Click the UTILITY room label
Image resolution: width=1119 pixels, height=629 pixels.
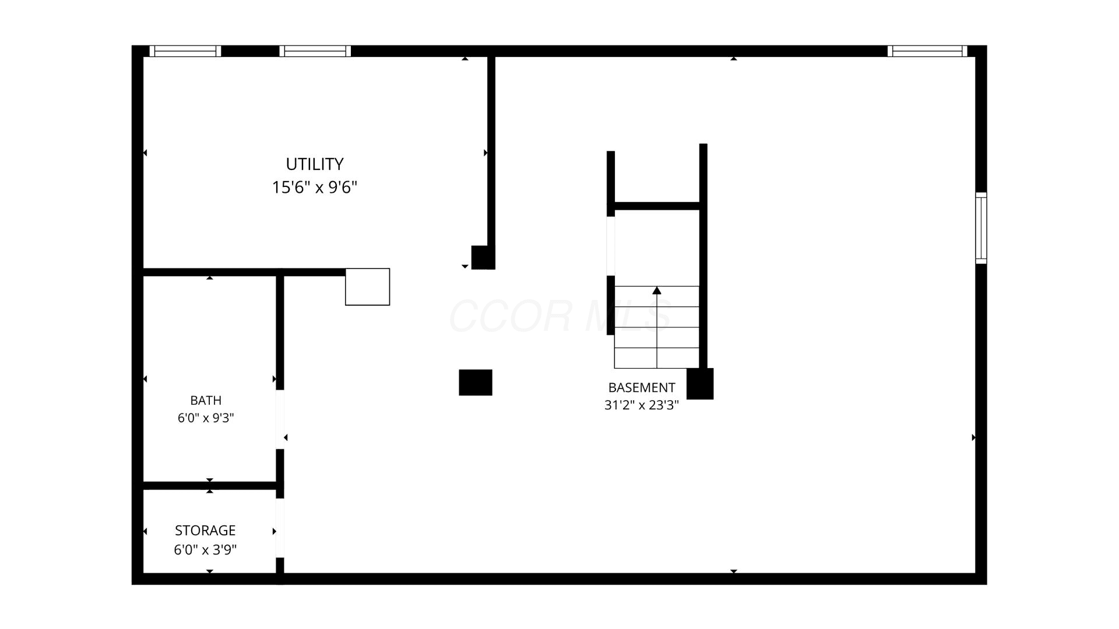pyautogui.click(x=314, y=164)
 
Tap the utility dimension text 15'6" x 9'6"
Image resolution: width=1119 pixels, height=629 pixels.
pyautogui.click(x=314, y=188)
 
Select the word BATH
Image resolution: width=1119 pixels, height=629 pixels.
pyautogui.click(x=206, y=400)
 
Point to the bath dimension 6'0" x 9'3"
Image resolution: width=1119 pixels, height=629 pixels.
pyautogui.click(x=206, y=418)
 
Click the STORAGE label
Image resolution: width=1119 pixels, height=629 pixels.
pyautogui.click(x=205, y=531)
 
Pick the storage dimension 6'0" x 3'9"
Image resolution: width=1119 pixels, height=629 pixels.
pyautogui.click(x=205, y=550)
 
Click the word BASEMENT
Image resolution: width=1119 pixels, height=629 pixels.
pyautogui.click(x=642, y=387)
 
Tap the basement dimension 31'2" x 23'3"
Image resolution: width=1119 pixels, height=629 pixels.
pyautogui.click(x=642, y=405)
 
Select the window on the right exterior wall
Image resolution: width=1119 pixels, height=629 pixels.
pyautogui.click(x=981, y=228)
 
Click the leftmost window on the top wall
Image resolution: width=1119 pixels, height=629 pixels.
pyautogui.click(x=185, y=51)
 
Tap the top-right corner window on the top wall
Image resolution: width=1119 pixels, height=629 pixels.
pyautogui.click(x=927, y=51)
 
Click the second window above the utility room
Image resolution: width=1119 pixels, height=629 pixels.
pyautogui.click(x=315, y=51)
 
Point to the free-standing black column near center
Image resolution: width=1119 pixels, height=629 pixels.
pyautogui.click(x=476, y=383)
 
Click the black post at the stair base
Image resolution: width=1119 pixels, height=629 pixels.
pyautogui.click(x=700, y=384)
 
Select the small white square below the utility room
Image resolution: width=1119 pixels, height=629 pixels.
pyautogui.click(x=368, y=287)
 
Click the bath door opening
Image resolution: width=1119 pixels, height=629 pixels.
pyautogui.click(x=280, y=419)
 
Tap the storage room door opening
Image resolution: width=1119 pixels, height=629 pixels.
pyautogui.click(x=280, y=528)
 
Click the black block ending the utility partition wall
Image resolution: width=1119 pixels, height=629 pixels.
pyautogui.click(x=483, y=257)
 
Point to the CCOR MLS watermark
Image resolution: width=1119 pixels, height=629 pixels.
pyautogui.click(x=559, y=316)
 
